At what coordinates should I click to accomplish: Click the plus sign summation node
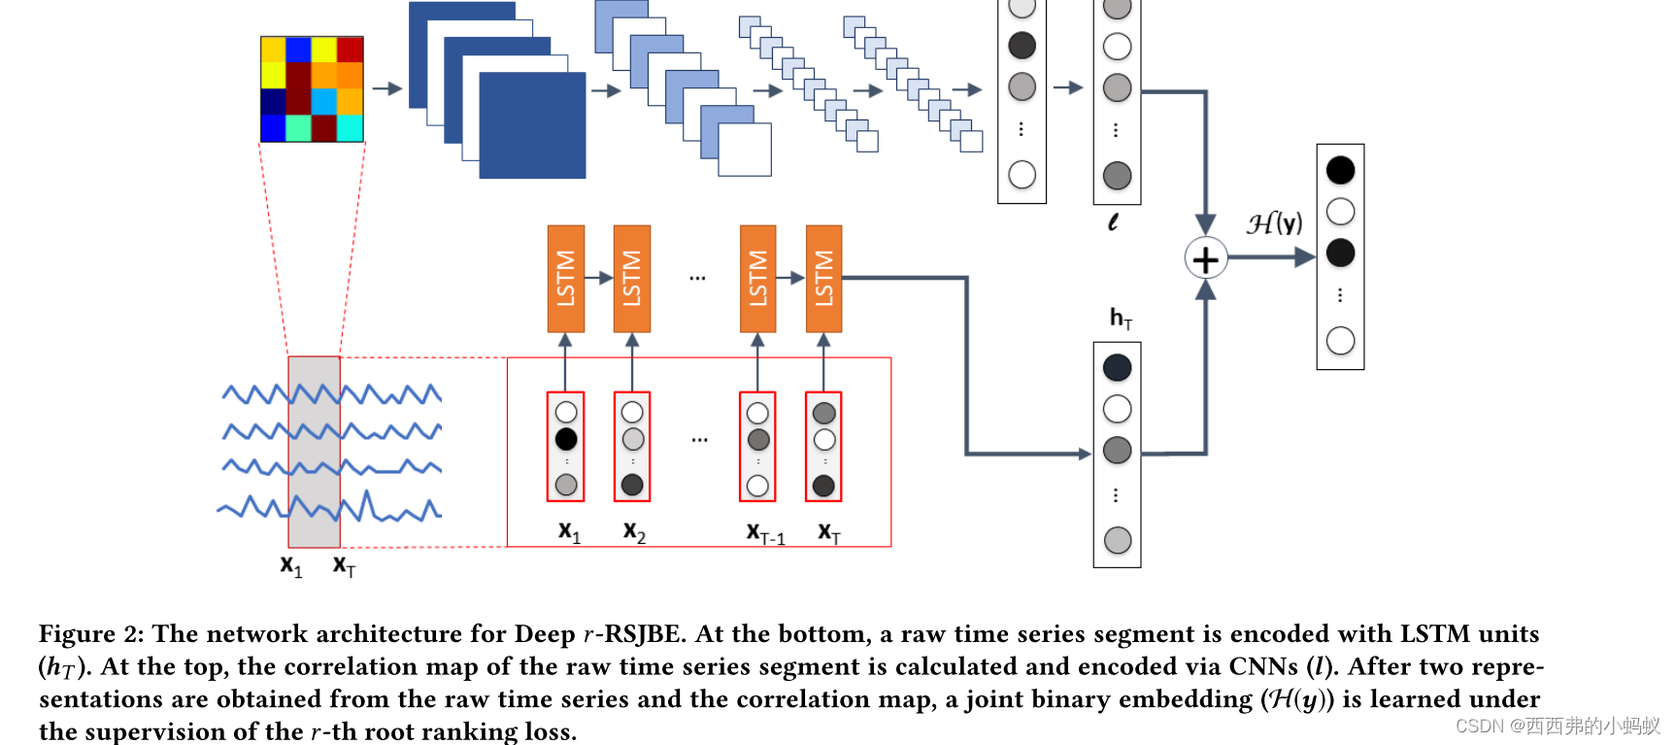coord(1205,259)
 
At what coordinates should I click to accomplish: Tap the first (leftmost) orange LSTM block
coord(565,279)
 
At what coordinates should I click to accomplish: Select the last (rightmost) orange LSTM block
coord(823,279)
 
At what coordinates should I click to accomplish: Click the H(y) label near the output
coord(1274,223)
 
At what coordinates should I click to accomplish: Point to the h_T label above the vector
coord(1121,318)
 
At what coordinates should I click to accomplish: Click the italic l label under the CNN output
coord(1113,222)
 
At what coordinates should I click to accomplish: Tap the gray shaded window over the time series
coord(314,452)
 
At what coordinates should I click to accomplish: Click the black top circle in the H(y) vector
coord(1340,170)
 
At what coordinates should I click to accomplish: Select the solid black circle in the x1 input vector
coord(566,439)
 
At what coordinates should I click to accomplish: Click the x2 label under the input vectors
coord(634,531)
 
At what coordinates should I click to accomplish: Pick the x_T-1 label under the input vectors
coord(765,533)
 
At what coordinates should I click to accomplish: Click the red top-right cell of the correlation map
coord(350,50)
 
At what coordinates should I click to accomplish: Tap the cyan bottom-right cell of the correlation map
coord(350,128)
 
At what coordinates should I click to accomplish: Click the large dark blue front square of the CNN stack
coord(532,125)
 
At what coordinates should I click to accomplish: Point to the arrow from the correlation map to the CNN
coord(386,88)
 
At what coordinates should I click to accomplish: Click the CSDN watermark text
coord(1557,726)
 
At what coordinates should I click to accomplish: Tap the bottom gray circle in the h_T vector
coord(1118,540)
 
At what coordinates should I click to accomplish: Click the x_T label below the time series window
coord(344,565)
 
